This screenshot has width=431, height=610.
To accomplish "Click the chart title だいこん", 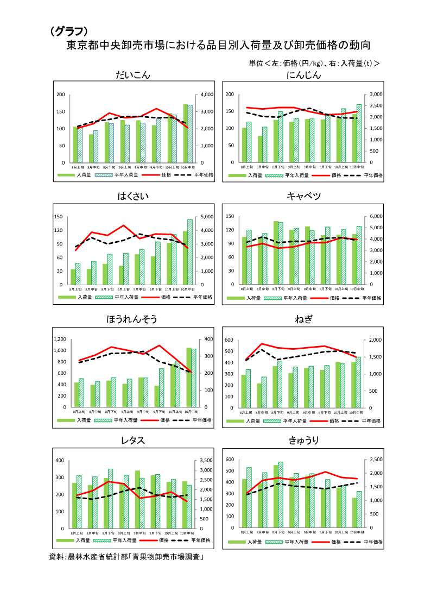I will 132,75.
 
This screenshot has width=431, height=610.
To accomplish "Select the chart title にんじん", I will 303,75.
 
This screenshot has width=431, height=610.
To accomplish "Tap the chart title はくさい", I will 132,196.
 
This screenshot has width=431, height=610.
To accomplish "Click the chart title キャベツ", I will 303,196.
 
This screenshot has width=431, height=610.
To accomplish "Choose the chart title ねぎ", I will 303,319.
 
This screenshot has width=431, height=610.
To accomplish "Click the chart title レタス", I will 132,441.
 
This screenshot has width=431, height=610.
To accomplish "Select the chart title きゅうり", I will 303,441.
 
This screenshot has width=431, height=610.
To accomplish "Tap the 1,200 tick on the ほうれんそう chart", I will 59,339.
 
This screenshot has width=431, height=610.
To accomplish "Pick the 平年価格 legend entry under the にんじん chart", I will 372,175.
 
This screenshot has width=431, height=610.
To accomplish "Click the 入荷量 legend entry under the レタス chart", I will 83,540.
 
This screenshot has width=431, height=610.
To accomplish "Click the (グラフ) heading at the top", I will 69,32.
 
